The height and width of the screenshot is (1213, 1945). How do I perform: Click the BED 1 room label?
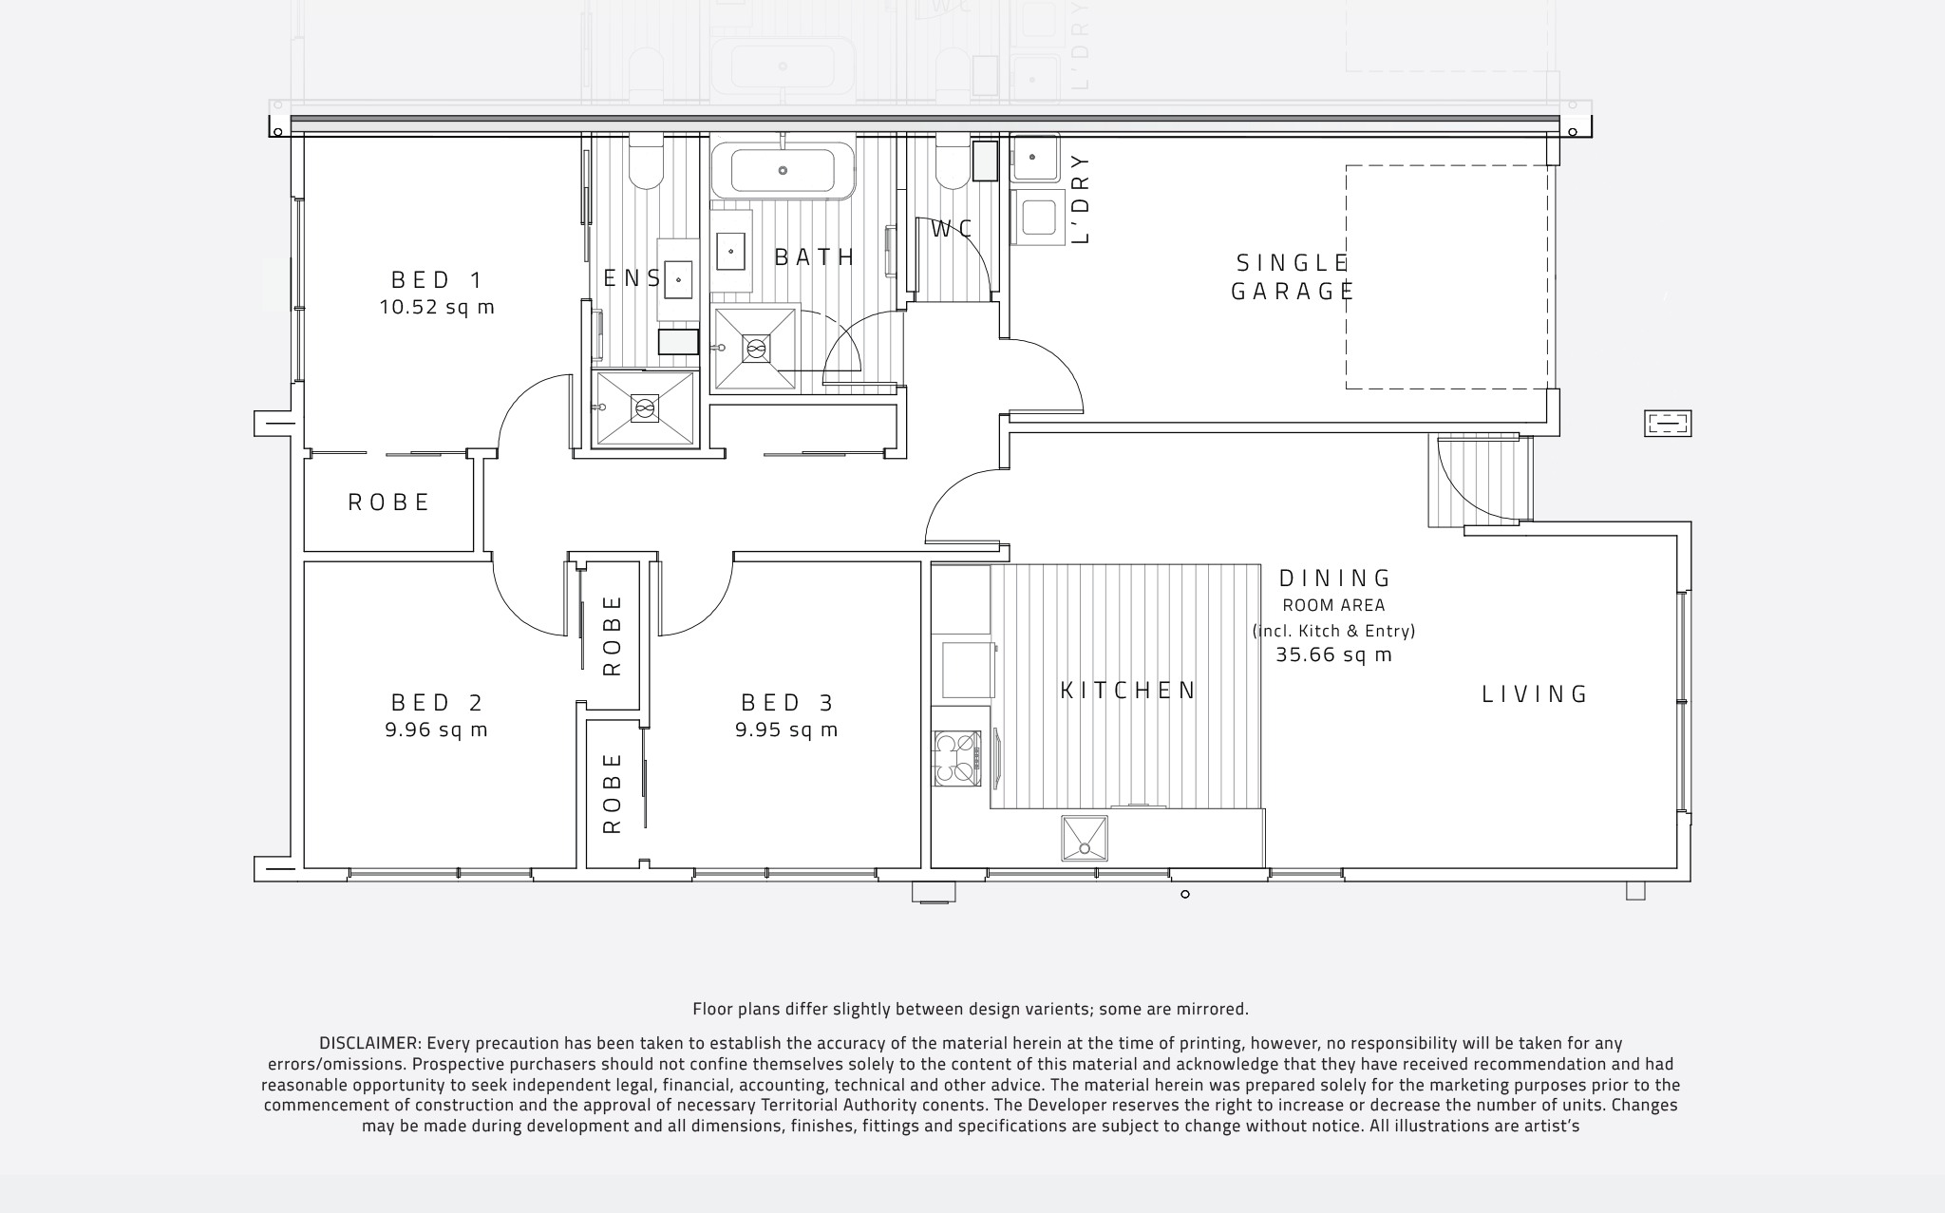[437, 280]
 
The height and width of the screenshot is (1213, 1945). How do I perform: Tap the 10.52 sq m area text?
[437, 308]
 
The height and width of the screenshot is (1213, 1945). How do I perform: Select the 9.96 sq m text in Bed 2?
[437, 730]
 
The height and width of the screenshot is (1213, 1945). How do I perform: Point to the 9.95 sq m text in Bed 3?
[786, 730]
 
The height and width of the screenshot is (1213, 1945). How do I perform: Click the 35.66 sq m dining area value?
[1333, 655]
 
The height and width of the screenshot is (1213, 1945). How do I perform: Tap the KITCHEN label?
[1128, 691]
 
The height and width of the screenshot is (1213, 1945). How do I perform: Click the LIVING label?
[1535, 694]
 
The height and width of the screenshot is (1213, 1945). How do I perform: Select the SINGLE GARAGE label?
[1292, 276]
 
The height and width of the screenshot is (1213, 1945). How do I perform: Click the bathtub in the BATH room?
[783, 171]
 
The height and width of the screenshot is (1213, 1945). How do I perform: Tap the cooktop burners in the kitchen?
[956, 758]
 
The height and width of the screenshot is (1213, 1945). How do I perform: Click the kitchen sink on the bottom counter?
[1085, 839]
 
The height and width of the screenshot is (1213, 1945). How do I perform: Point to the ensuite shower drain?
[645, 409]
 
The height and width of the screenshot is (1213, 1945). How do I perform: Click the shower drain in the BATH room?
[756, 350]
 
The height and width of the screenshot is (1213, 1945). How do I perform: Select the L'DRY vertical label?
[1080, 199]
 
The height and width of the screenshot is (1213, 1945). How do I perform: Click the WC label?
[952, 230]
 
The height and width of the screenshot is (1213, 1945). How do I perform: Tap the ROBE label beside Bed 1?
[389, 502]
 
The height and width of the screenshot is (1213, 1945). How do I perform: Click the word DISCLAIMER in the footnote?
[368, 1044]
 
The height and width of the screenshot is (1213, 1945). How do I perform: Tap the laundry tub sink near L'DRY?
[1033, 158]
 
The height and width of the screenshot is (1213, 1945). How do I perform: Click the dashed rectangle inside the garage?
[1446, 276]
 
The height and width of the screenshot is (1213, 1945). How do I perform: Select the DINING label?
[1334, 578]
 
